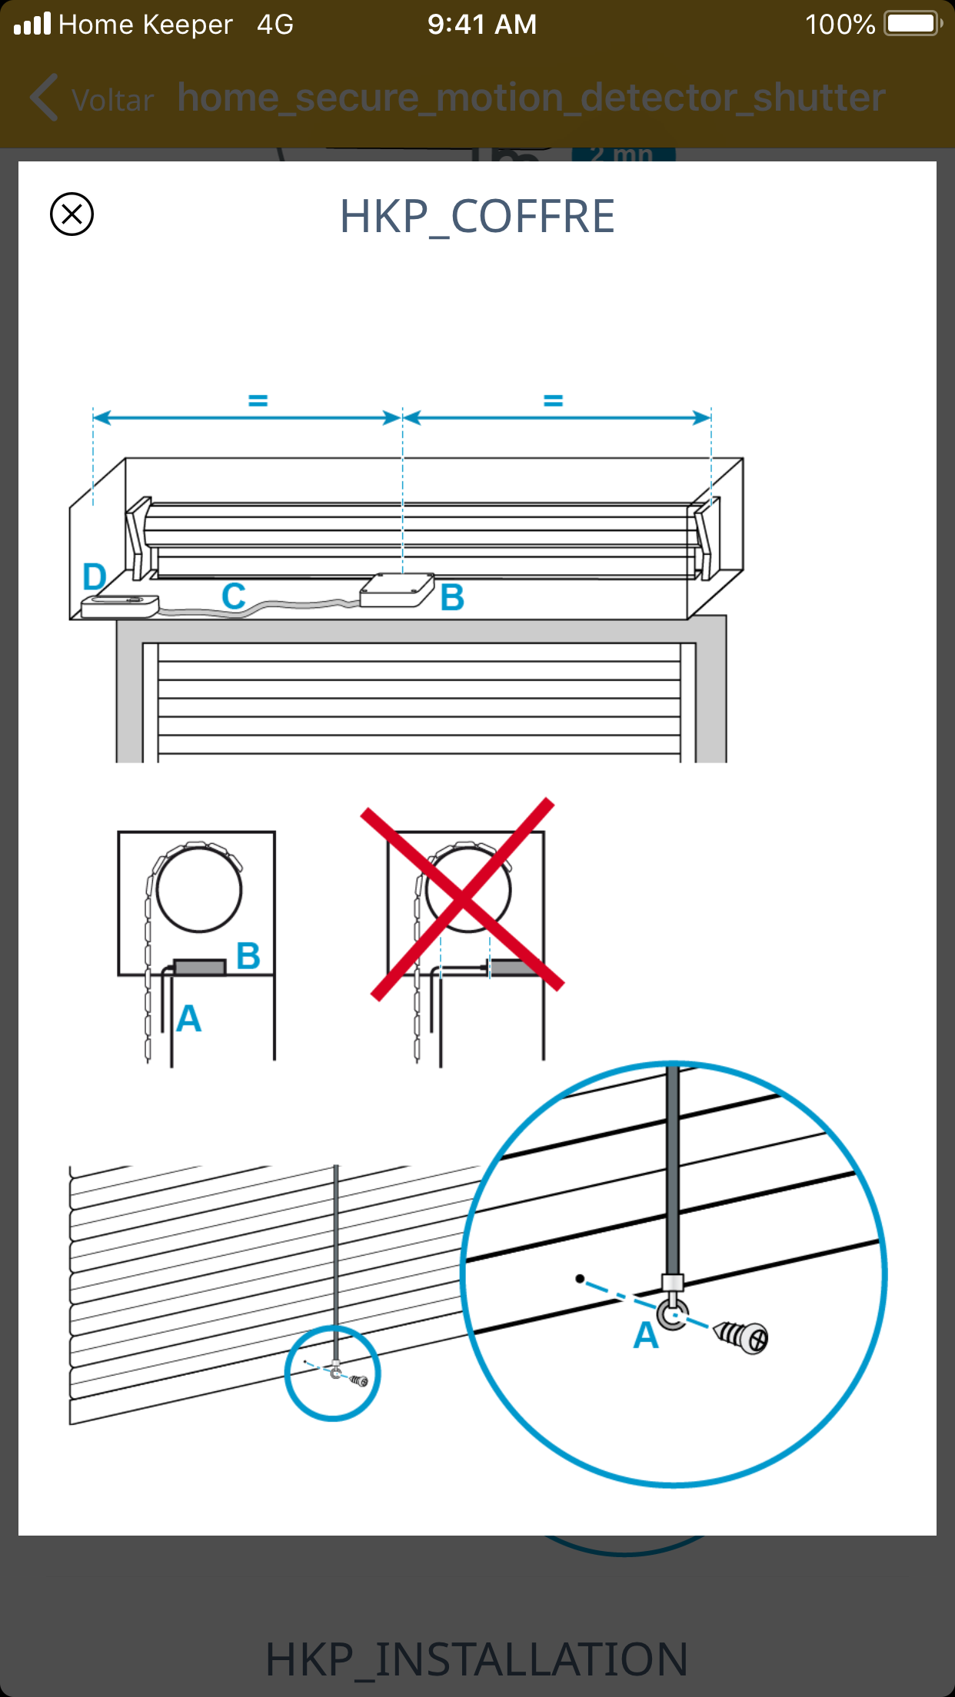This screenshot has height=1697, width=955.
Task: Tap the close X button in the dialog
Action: (72, 214)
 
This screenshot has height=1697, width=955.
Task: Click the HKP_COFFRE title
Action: (477, 217)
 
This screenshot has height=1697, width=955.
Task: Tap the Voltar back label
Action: (112, 100)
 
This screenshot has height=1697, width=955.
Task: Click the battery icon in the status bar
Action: (913, 24)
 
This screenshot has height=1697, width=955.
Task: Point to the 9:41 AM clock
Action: (482, 25)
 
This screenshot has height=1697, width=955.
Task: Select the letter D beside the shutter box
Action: (94, 576)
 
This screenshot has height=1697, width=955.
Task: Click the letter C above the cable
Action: (234, 596)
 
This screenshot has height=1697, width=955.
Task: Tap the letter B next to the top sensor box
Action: (452, 597)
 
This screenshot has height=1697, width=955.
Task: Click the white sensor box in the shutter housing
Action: (397, 589)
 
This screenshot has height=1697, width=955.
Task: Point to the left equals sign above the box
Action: (258, 400)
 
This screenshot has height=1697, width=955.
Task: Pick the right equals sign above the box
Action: (553, 400)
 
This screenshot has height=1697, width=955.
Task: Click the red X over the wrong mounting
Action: (463, 898)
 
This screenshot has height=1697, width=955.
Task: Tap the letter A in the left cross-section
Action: (188, 1019)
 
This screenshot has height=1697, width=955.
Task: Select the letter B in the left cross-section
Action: (248, 956)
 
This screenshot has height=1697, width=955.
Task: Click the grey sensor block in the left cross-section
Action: (200, 967)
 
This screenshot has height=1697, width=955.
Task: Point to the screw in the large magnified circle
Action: (741, 1337)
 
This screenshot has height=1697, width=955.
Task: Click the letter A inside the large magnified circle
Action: (646, 1336)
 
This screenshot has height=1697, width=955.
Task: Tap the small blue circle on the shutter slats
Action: (332, 1373)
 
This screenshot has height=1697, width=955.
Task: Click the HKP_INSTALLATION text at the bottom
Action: (477, 1659)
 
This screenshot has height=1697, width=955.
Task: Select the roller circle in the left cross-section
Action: (199, 890)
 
